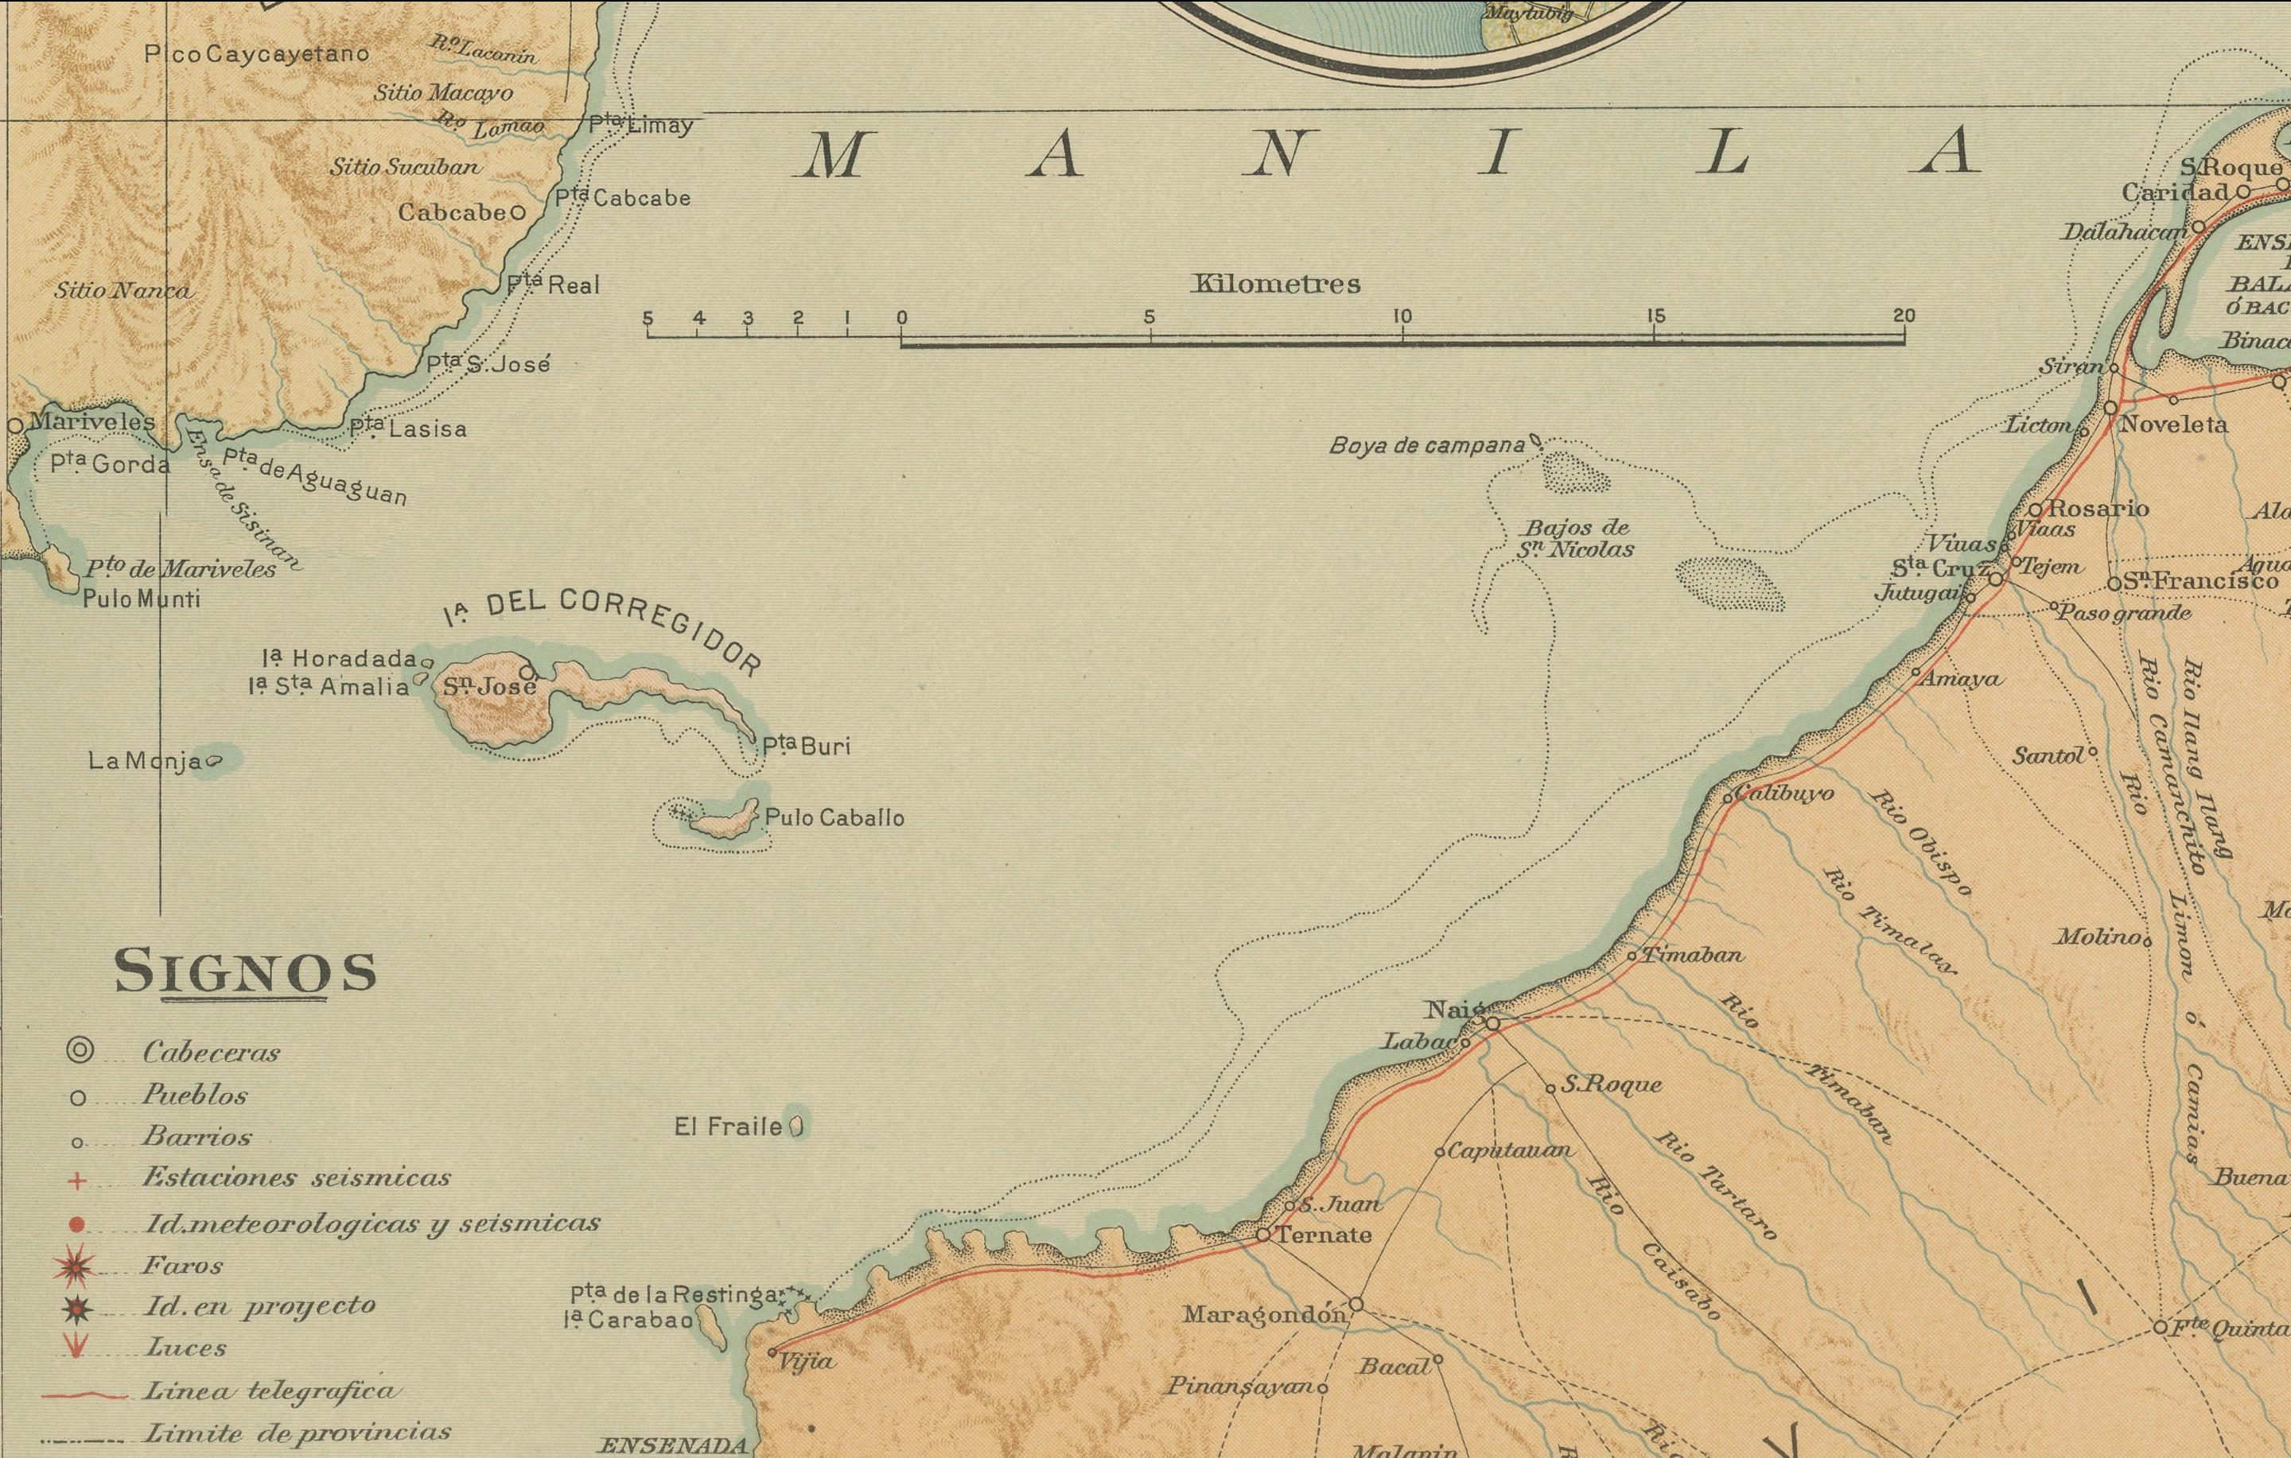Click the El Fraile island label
pos(728,1127)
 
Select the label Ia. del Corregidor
pos(603,629)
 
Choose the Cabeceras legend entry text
pos(212,1052)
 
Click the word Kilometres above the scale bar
pos(1276,284)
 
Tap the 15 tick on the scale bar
pos(1655,316)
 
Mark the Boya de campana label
pos(1426,445)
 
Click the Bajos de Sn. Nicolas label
pos(1576,538)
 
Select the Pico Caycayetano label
pos(256,53)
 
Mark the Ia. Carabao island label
pos(627,1320)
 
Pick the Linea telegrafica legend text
pos(269,1391)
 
